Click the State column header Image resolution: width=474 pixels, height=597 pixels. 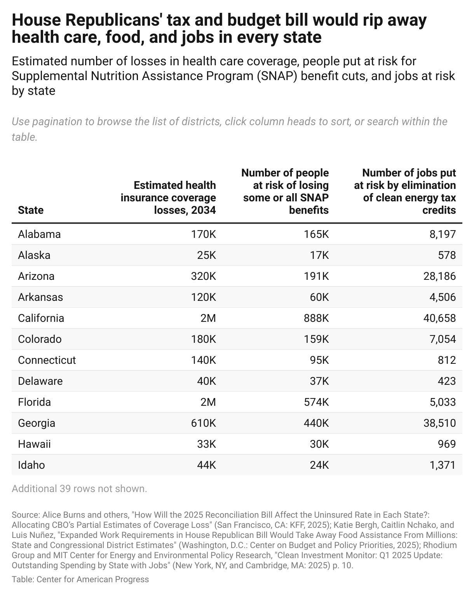click(x=31, y=210)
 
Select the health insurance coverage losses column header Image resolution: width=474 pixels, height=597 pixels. click(x=168, y=198)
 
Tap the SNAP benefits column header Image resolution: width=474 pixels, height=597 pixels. click(x=285, y=192)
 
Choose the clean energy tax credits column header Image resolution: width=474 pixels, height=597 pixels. click(x=405, y=192)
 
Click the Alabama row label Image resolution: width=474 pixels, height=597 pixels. click(x=39, y=234)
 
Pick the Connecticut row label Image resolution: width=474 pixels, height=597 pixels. click(x=47, y=360)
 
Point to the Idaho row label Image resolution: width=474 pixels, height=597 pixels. click(x=31, y=465)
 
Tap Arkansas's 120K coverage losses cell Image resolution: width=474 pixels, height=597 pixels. click(x=201, y=297)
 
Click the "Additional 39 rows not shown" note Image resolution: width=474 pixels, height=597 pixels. click(x=79, y=489)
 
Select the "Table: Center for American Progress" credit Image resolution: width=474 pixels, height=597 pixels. click(x=80, y=580)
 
